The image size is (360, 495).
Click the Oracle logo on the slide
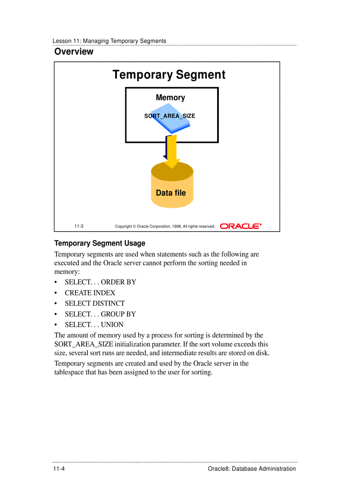[240, 226]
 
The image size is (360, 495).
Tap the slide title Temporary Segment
[169, 75]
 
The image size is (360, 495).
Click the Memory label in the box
[170, 98]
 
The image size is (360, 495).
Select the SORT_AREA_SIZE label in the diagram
[169, 116]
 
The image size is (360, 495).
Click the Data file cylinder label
[171, 193]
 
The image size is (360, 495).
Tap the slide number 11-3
[79, 227]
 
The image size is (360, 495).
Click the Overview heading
[74, 52]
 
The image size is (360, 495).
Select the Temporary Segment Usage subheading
[100, 243]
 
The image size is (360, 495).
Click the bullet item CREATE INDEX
[90, 293]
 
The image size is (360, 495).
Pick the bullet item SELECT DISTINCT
[94, 303]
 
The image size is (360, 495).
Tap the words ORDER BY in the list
[119, 282]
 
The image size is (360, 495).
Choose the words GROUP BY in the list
[118, 314]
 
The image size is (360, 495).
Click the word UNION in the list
[112, 324]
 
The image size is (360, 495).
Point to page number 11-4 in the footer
[59, 469]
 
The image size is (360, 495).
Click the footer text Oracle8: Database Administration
[251, 469]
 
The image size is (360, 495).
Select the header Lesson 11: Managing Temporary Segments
[109, 41]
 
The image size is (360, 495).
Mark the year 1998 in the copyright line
[176, 227]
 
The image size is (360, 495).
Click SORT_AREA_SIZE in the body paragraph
[84, 344]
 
